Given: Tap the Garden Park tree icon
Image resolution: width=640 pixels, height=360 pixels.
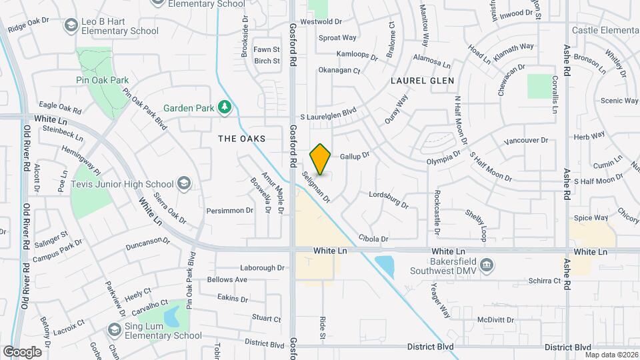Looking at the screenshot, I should [226, 107].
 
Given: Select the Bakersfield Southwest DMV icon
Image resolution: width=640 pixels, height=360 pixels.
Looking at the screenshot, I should [487, 265].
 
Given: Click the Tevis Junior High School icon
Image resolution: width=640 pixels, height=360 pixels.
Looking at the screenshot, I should [183, 184].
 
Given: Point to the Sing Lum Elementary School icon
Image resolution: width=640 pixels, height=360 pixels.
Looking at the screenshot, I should [114, 329].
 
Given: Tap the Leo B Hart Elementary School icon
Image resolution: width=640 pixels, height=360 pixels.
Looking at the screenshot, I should [71, 25].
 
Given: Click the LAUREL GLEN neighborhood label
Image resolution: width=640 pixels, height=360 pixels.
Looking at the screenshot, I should [423, 81].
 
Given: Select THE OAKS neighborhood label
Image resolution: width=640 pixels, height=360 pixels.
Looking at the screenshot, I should [241, 139].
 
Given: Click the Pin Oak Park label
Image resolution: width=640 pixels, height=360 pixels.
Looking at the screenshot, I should [101, 80].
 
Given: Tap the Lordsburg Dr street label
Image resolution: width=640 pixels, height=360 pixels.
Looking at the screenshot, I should [388, 199].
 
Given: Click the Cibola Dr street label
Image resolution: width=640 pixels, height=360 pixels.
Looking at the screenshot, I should [373, 238].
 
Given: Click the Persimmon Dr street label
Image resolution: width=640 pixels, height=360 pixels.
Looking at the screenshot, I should [231, 210].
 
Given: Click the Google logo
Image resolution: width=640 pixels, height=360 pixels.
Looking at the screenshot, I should [22, 351].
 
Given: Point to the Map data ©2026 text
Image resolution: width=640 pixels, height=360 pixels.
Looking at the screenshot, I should [611, 355].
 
